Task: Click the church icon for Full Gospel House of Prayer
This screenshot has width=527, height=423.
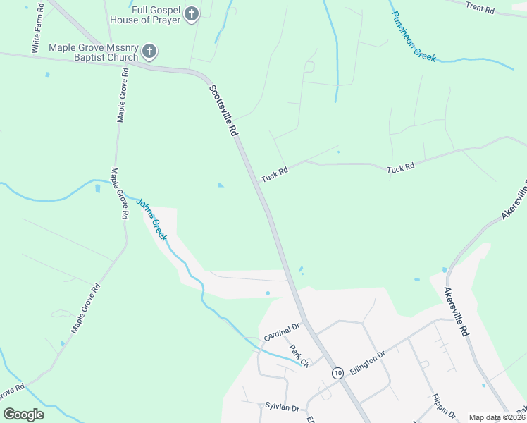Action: click(191, 14)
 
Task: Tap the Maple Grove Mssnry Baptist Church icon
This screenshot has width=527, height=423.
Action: click(149, 51)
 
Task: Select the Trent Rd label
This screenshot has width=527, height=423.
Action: click(480, 8)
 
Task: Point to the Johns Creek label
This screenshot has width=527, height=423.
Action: click(151, 219)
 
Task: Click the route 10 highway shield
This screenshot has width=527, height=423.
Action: click(338, 372)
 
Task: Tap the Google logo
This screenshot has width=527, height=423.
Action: click(23, 414)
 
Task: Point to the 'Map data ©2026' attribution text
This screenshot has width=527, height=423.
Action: click(497, 417)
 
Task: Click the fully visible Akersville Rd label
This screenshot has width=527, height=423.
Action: click(456, 310)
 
